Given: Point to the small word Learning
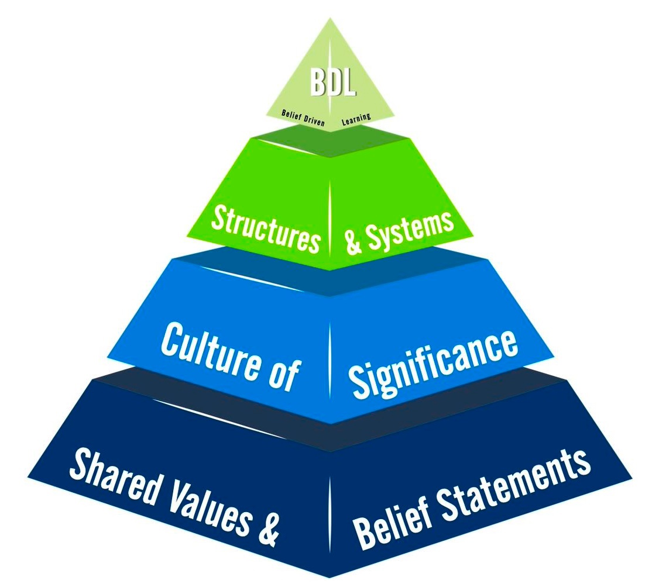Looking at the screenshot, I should coord(356,119).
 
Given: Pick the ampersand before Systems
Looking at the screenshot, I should coord(353,242).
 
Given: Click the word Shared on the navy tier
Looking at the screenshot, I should coord(111,474).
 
